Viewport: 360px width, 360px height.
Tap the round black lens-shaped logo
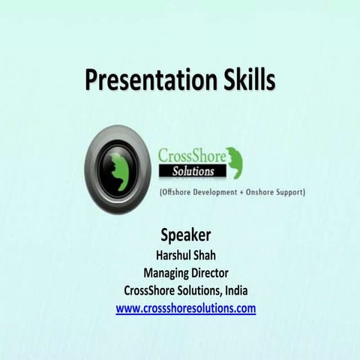pyautogui.click(x=118, y=159)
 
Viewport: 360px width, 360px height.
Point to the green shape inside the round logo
pyautogui.click(x=118, y=160)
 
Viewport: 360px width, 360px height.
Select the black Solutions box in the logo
pyautogui.click(x=190, y=172)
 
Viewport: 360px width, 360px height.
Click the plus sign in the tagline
pyautogui.click(x=251, y=193)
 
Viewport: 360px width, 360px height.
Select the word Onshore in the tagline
pyautogui.click(x=268, y=193)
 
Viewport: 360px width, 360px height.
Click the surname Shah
pyautogui.click(x=205, y=253)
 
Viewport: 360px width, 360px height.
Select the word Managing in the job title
pyautogui.click(x=166, y=272)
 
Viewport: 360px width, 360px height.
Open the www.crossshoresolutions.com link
pyautogui.click(x=185, y=308)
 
